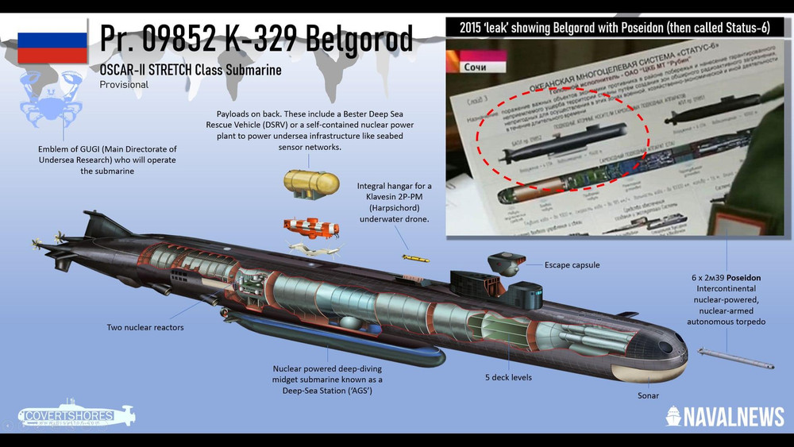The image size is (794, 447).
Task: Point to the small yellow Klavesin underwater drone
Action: pyautogui.click(x=415, y=258)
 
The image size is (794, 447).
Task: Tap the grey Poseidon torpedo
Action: pyautogui.click(x=734, y=358)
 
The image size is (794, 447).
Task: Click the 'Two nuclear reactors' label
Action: pyautogui.click(x=145, y=327)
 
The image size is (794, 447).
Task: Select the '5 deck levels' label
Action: pyautogui.click(x=510, y=377)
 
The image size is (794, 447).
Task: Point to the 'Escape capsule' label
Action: pyautogui.click(x=572, y=264)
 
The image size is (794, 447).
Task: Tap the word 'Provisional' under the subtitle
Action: pyautogui.click(x=124, y=85)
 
